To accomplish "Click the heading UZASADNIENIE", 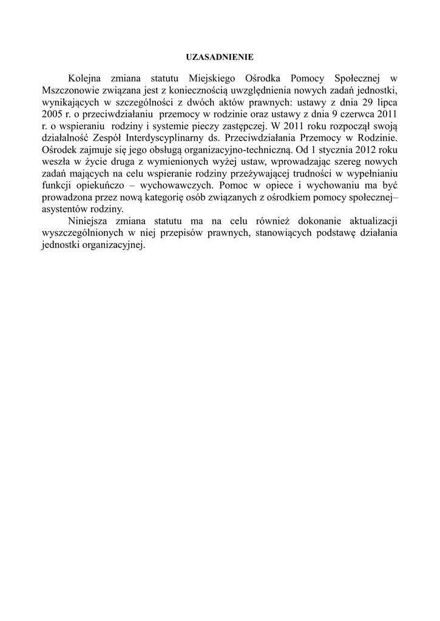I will [220, 56].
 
